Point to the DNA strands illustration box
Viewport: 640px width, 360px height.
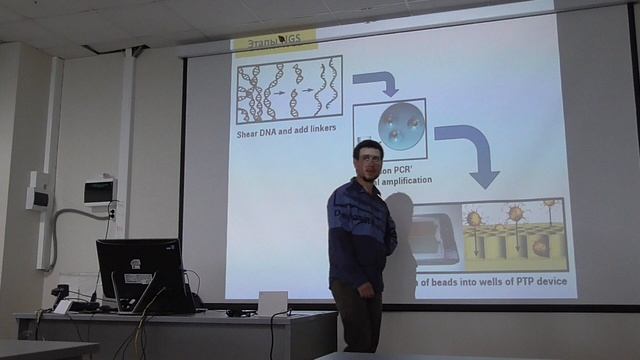(x=289, y=91)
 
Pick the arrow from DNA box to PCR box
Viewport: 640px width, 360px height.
(x=377, y=80)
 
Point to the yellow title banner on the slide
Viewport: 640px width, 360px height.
(x=274, y=41)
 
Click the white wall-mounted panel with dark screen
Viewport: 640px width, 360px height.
(x=99, y=190)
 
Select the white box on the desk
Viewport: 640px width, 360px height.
(x=272, y=302)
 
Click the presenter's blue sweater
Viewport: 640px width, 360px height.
(x=359, y=230)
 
